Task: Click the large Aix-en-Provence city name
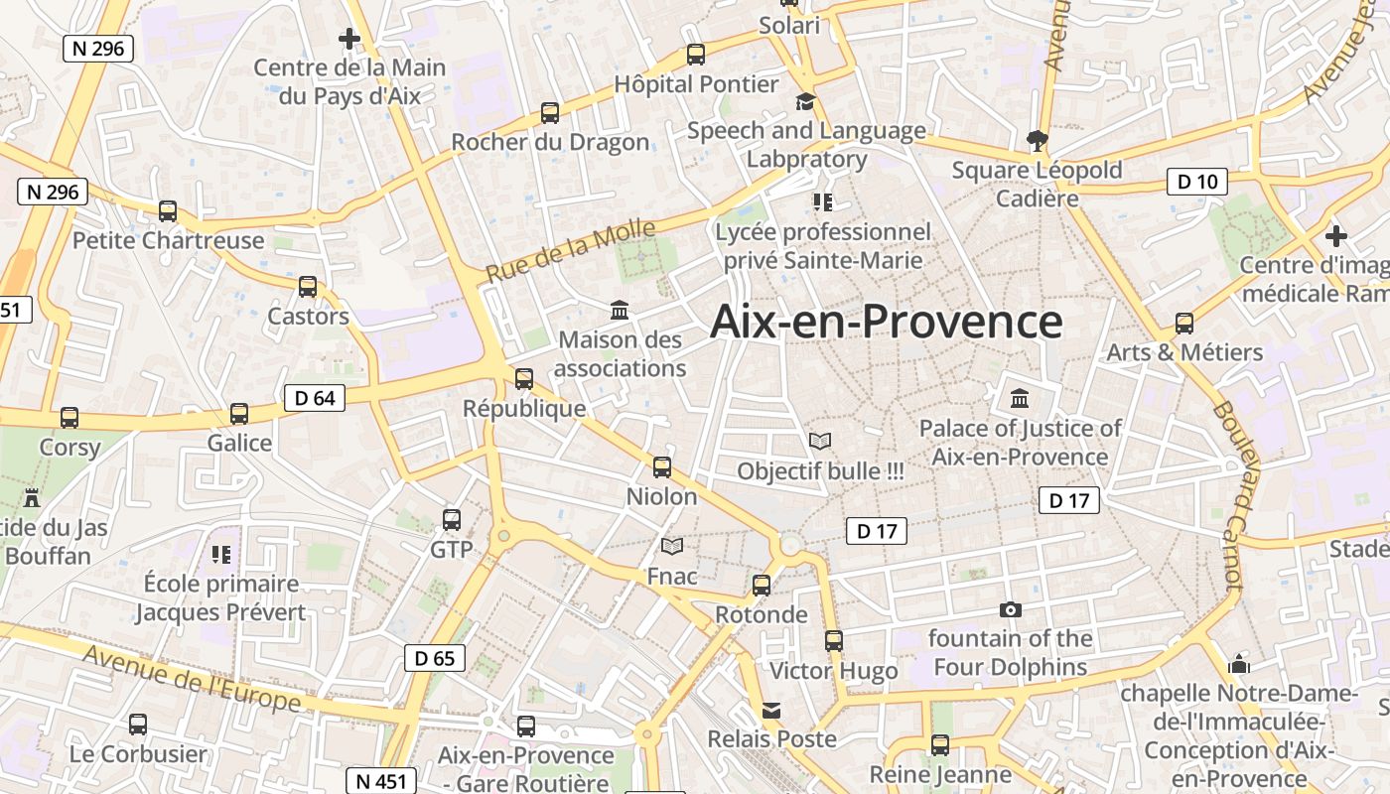pyautogui.click(x=887, y=322)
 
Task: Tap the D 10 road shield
pyautogui.click(x=1196, y=182)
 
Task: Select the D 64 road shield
pyautogui.click(x=315, y=398)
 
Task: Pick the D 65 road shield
pyautogui.click(x=435, y=657)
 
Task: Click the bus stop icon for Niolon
pyautogui.click(x=662, y=466)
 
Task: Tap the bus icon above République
pyautogui.click(x=524, y=378)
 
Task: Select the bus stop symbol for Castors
pyautogui.click(x=308, y=287)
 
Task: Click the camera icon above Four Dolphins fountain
pyautogui.click(x=1011, y=609)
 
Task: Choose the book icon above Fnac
pyautogui.click(x=672, y=546)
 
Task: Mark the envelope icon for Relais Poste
pyautogui.click(x=771, y=710)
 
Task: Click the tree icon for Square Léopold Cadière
pyautogui.click(x=1038, y=140)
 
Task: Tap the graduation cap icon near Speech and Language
pyautogui.click(x=805, y=101)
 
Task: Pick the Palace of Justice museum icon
pyautogui.click(x=1020, y=398)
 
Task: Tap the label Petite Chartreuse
pyautogui.click(x=169, y=240)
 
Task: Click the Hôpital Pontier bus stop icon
pyautogui.click(x=696, y=55)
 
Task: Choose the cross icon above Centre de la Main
pyautogui.click(x=349, y=39)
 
